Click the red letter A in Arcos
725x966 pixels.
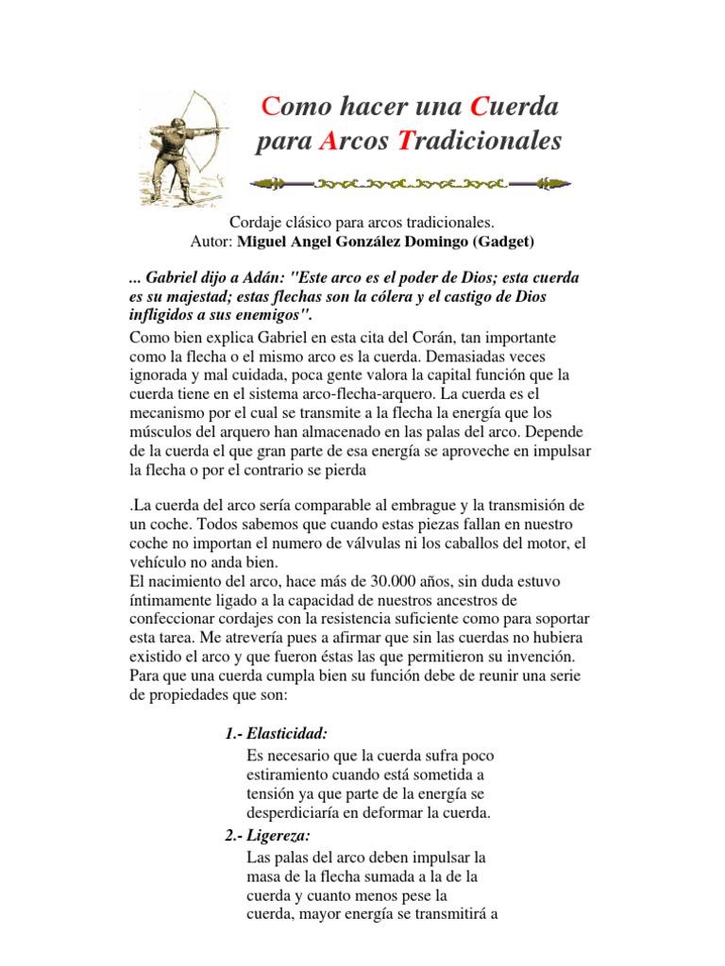[x=329, y=142]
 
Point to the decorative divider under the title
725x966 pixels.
[x=410, y=180]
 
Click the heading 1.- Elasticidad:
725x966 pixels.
[x=277, y=734]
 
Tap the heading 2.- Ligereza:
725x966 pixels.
[x=269, y=836]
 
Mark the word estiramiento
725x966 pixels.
[x=292, y=775]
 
